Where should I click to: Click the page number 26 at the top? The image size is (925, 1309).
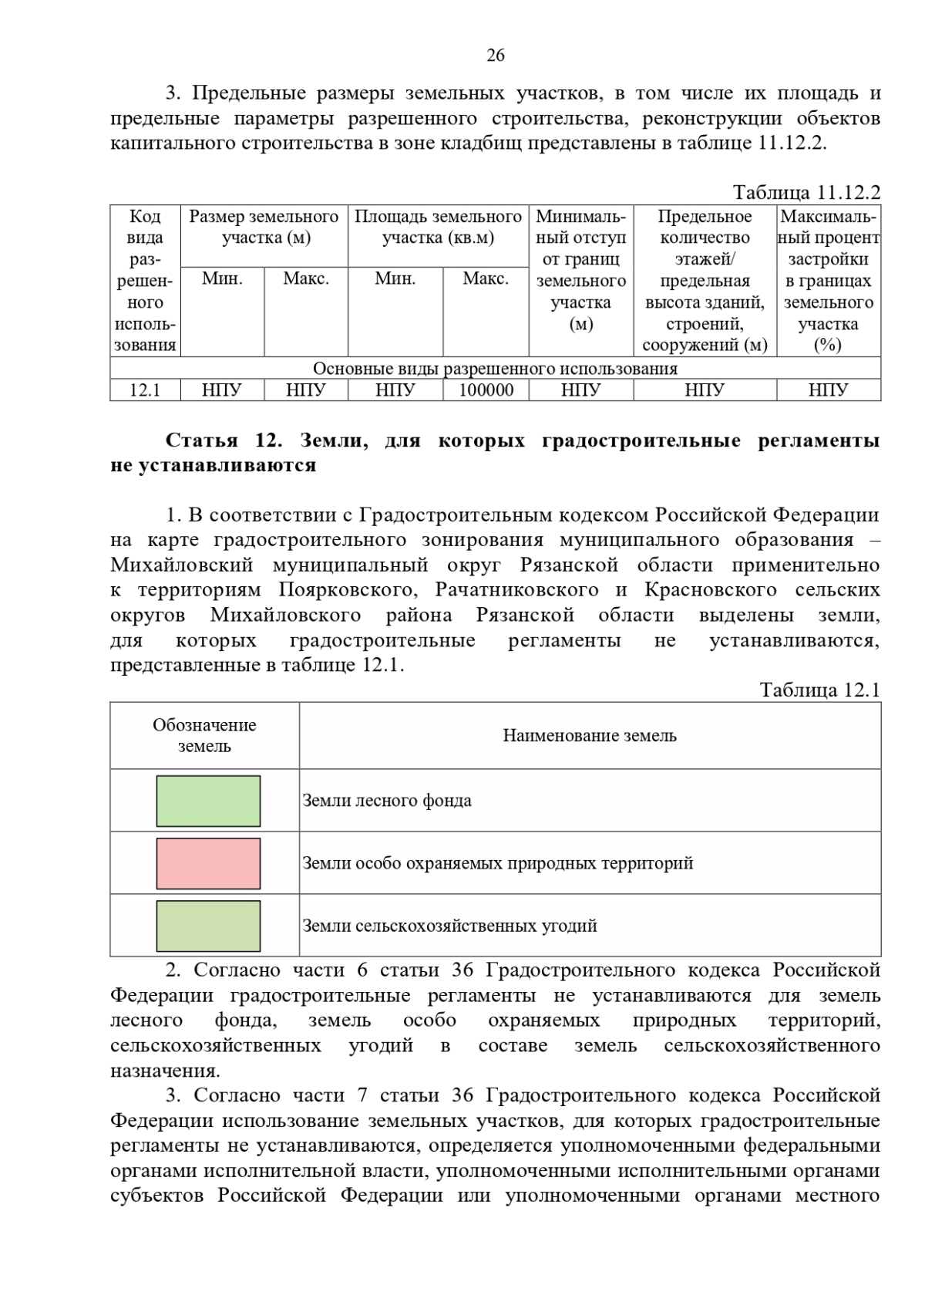(x=495, y=56)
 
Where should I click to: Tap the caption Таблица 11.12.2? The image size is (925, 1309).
(x=806, y=192)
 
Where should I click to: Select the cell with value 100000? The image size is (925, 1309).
(x=486, y=390)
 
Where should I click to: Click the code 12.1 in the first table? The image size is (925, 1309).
(x=145, y=390)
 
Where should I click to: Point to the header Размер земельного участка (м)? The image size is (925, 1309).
(x=264, y=227)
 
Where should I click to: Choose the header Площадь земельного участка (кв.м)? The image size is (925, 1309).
(x=438, y=227)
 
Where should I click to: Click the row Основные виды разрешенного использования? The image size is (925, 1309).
(x=495, y=369)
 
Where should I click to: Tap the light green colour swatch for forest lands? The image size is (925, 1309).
(x=208, y=801)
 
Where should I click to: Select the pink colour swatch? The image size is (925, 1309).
(x=208, y=864)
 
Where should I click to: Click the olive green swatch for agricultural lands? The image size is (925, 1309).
(x=208, y=926)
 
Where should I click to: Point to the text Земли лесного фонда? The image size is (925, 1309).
(x=387, y=801)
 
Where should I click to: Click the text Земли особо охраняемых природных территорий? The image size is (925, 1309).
(x=497, y=864)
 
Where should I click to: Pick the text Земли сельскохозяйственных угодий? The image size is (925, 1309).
(x=449, y=926)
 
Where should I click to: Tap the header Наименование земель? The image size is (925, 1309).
(x=590, y=736)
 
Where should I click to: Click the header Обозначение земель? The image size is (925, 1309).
(x=204, y=736)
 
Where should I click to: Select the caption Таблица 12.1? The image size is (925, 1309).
(x=819, y=690)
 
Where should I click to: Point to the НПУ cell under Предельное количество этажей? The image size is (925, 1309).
(x=704, y=390)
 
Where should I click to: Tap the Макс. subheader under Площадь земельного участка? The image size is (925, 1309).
(x=486, y=279)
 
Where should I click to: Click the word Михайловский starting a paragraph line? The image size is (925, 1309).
(x=182, y=565)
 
